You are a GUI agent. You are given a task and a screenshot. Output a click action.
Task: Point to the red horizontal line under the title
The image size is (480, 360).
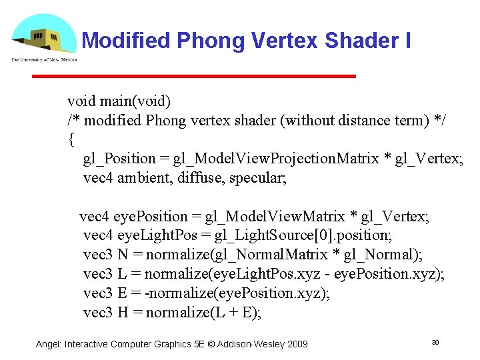193,77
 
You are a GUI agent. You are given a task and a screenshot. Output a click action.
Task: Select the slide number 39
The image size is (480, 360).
435,342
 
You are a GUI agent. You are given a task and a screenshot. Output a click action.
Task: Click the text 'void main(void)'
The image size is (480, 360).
119,101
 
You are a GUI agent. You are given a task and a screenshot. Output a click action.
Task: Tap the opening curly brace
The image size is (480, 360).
71,140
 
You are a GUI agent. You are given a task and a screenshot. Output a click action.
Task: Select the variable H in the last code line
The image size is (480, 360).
123,313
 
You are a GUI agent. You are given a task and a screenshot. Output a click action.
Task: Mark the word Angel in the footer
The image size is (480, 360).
48,344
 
